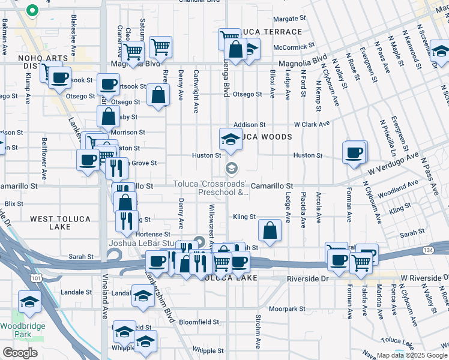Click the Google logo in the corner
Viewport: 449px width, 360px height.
point(20,353)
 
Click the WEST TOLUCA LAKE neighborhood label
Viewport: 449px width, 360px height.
point(59,223)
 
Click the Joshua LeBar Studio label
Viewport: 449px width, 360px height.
point(144,243)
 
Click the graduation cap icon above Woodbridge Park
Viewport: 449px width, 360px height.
point(29,301)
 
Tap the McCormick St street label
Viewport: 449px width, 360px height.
point(294,46)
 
